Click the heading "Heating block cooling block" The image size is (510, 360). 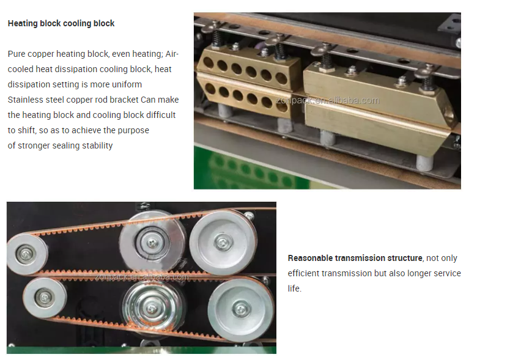point(61,23)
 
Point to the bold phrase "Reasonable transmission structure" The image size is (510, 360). point(355,258)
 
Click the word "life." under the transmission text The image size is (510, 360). point(294,288)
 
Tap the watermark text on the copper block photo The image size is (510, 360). point(328,100)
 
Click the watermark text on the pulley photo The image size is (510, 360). point(142,277)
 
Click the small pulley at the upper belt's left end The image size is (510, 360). point(26,254)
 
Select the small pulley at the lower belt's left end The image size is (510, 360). point(45,298)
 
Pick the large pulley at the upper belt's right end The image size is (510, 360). point(223,242)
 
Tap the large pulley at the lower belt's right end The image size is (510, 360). point(240,309)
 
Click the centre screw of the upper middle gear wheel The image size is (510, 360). point(152,242)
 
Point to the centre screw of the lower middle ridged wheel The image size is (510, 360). point(152,308)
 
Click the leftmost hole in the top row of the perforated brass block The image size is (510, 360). point(208,63)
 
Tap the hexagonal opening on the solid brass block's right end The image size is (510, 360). point(450,116)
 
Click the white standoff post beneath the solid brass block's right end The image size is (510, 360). point(425,163)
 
